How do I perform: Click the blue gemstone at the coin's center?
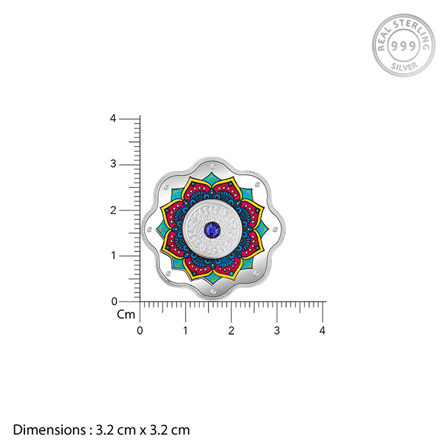click(212, 229)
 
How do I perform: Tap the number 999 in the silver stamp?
click(403, 45)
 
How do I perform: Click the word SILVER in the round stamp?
click(404, 67)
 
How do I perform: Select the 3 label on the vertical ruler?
click(113, 164)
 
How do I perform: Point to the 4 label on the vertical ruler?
click(113, 118)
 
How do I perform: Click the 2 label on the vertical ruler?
click(113, 211)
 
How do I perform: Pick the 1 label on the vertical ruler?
click(113, 255)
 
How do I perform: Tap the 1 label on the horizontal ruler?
click(186, 331)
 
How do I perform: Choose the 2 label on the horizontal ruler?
click(231, 331)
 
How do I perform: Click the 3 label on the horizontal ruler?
click(277, 331)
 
